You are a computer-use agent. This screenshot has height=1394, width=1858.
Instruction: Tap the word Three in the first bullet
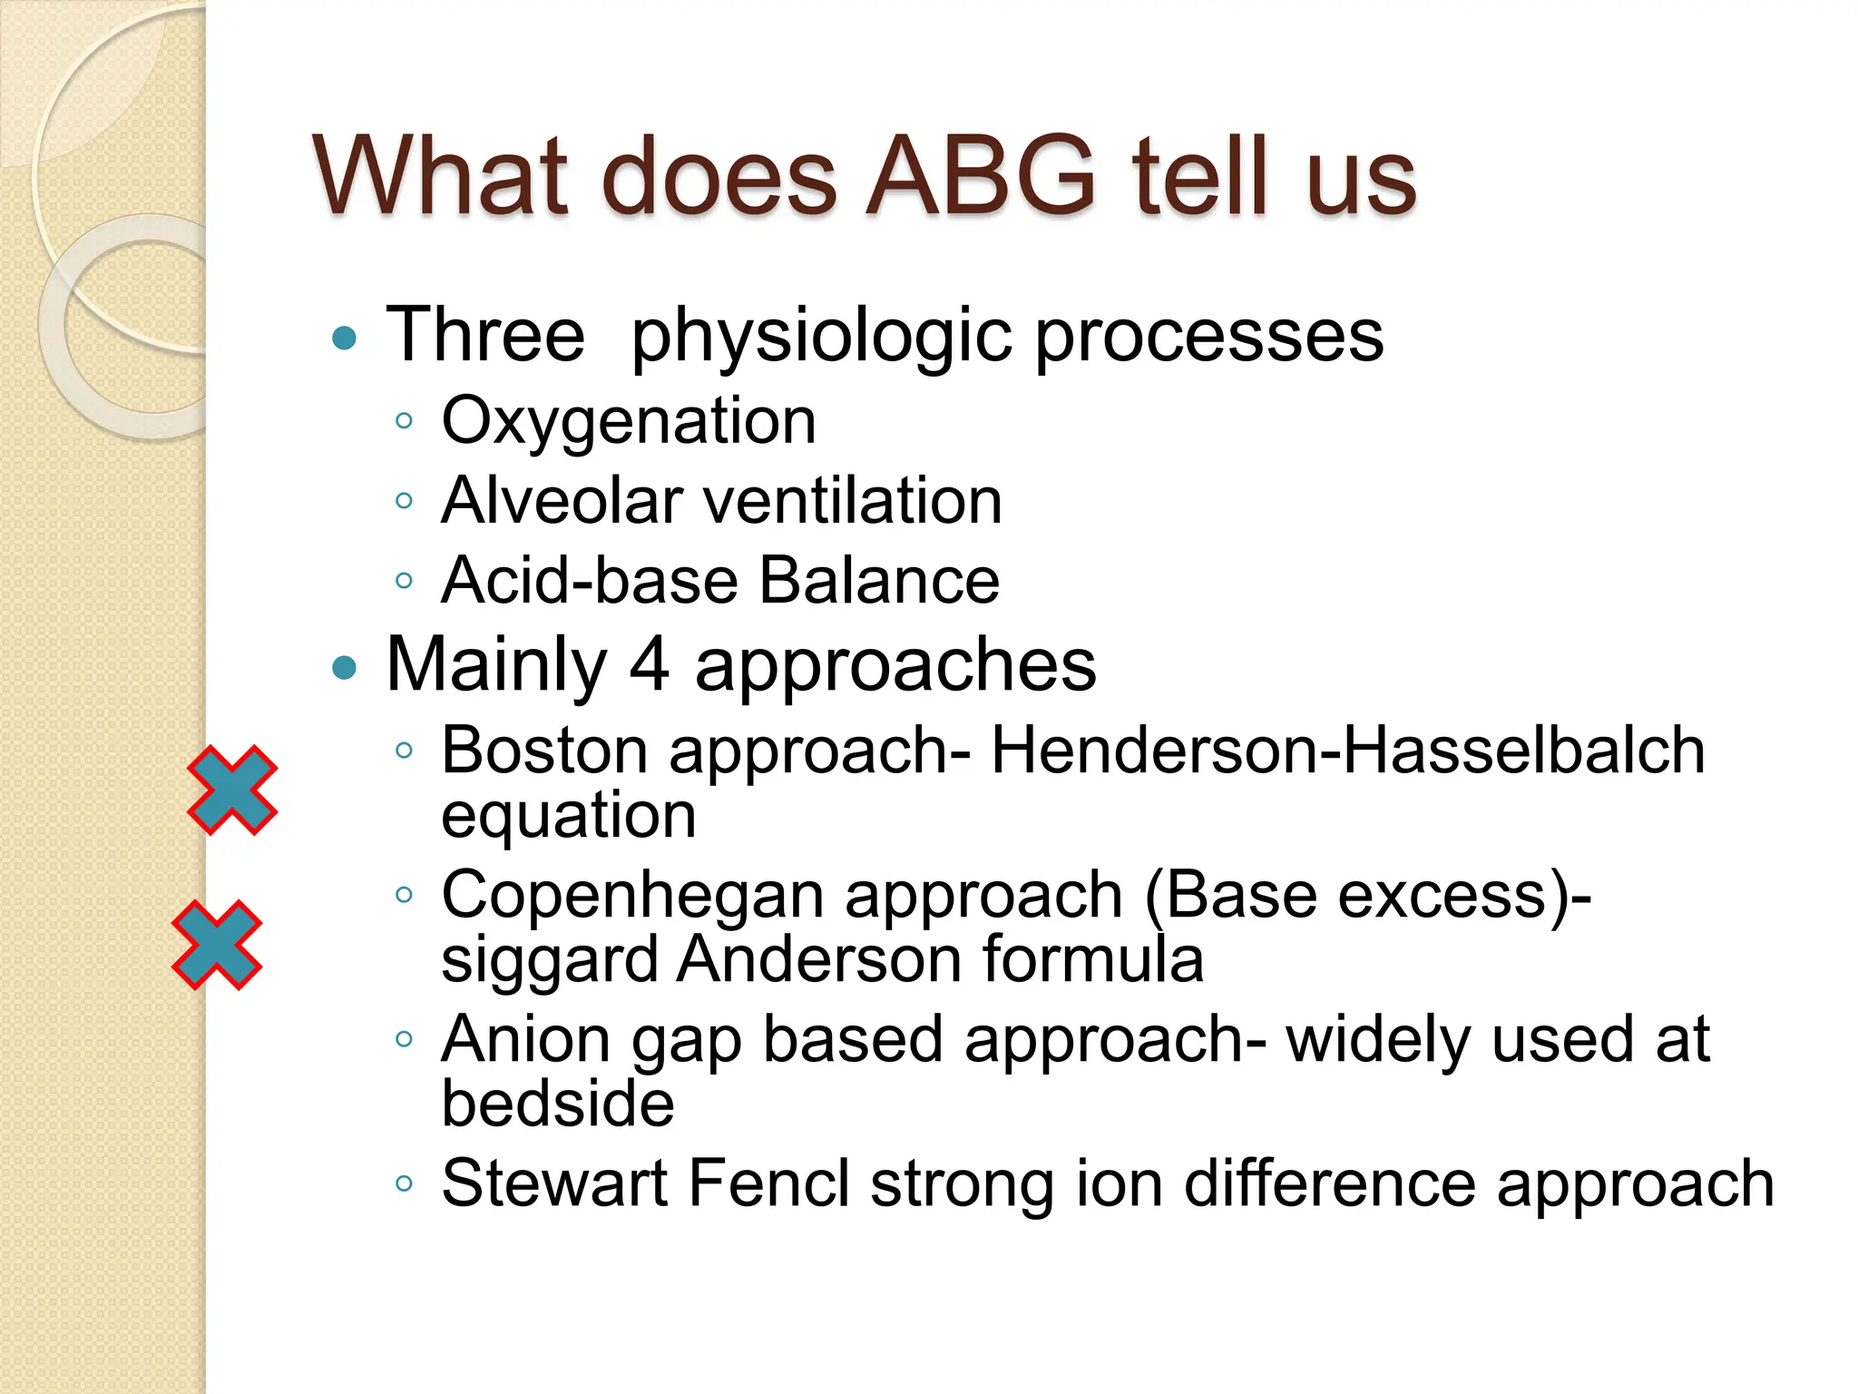tap(485, 335)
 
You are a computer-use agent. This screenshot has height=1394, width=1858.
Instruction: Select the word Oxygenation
tap(629, 421)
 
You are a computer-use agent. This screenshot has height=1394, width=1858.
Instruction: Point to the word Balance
tap(879, 580)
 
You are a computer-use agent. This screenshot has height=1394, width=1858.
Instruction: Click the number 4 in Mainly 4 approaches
tap(649, 665)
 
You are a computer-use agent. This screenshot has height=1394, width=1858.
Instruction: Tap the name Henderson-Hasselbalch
tap(1348, 751)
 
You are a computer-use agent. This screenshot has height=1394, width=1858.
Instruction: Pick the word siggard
tap(549, 959)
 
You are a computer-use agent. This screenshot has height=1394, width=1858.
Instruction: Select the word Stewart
tap(554, 1183)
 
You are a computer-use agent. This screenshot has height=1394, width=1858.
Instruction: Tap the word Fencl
tap(769, 1183)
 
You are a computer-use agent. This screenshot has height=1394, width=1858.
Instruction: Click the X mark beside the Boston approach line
tap(232, 790)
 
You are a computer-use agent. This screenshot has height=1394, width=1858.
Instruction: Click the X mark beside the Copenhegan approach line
tap(217, 945)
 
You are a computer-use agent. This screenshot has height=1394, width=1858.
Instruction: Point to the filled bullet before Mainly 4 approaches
tap(345, 669)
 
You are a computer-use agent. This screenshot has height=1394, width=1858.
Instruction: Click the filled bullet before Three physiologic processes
tap(345, 339)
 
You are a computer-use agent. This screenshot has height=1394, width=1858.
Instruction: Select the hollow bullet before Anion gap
tap(405, 1039)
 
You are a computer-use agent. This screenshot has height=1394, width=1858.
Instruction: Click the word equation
tap(569, 815)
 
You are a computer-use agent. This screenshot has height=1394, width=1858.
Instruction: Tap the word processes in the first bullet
tap(1209, 335)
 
